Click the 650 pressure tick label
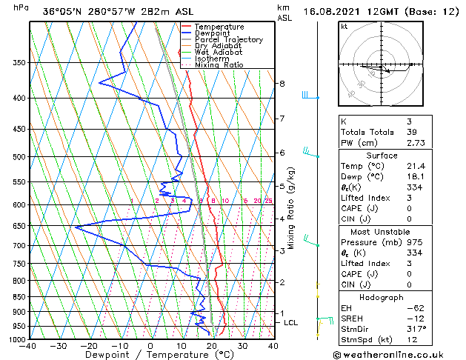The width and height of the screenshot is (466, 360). click(x=21, y=226)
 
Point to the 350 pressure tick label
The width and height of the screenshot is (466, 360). click(x=21, y=63)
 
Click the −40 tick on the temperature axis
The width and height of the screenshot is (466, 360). click(x=28, y=346)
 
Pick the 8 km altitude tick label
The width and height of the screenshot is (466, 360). click(x=282, y=84)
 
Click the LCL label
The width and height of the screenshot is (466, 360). click(x=291, y=323)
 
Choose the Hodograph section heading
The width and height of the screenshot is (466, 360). click(x=382, y=296)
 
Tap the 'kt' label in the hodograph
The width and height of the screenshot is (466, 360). click(x=344, y=26)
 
